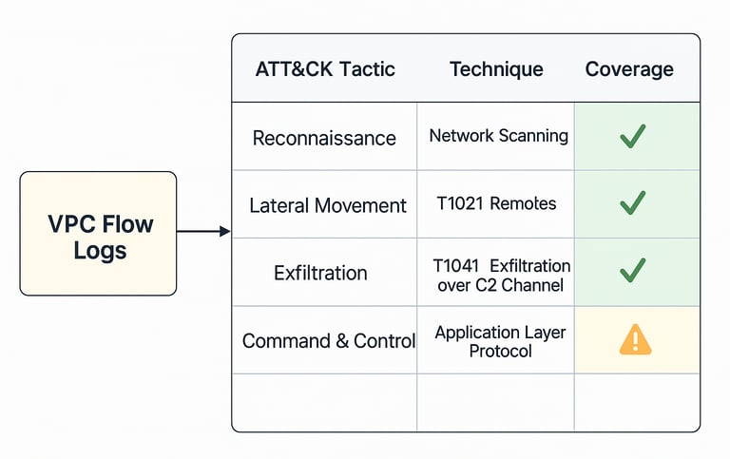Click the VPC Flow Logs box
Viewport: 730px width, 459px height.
coord(98,233)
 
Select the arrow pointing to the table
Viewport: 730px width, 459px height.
coord(203,231)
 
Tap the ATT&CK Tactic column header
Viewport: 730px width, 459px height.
coord(325,69)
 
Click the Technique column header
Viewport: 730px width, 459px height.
coord(496,69)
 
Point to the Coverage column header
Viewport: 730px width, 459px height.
coord(629,69)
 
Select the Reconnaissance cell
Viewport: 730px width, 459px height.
coord(324,138)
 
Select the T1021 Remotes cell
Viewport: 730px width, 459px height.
coord(496,203)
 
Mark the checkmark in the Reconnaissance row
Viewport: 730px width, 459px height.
coord(633,136)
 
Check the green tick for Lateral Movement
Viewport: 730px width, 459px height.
coord(633,203)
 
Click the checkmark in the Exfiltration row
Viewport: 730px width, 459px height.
coord(633,271)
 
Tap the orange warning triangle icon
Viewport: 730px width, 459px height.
coord(635,339)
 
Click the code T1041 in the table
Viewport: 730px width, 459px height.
coord(456,266)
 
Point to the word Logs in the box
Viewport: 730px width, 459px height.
coord(100,251)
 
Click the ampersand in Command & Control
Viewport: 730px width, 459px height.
coord(342,341)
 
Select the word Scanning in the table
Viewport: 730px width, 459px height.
coord(533,136)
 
